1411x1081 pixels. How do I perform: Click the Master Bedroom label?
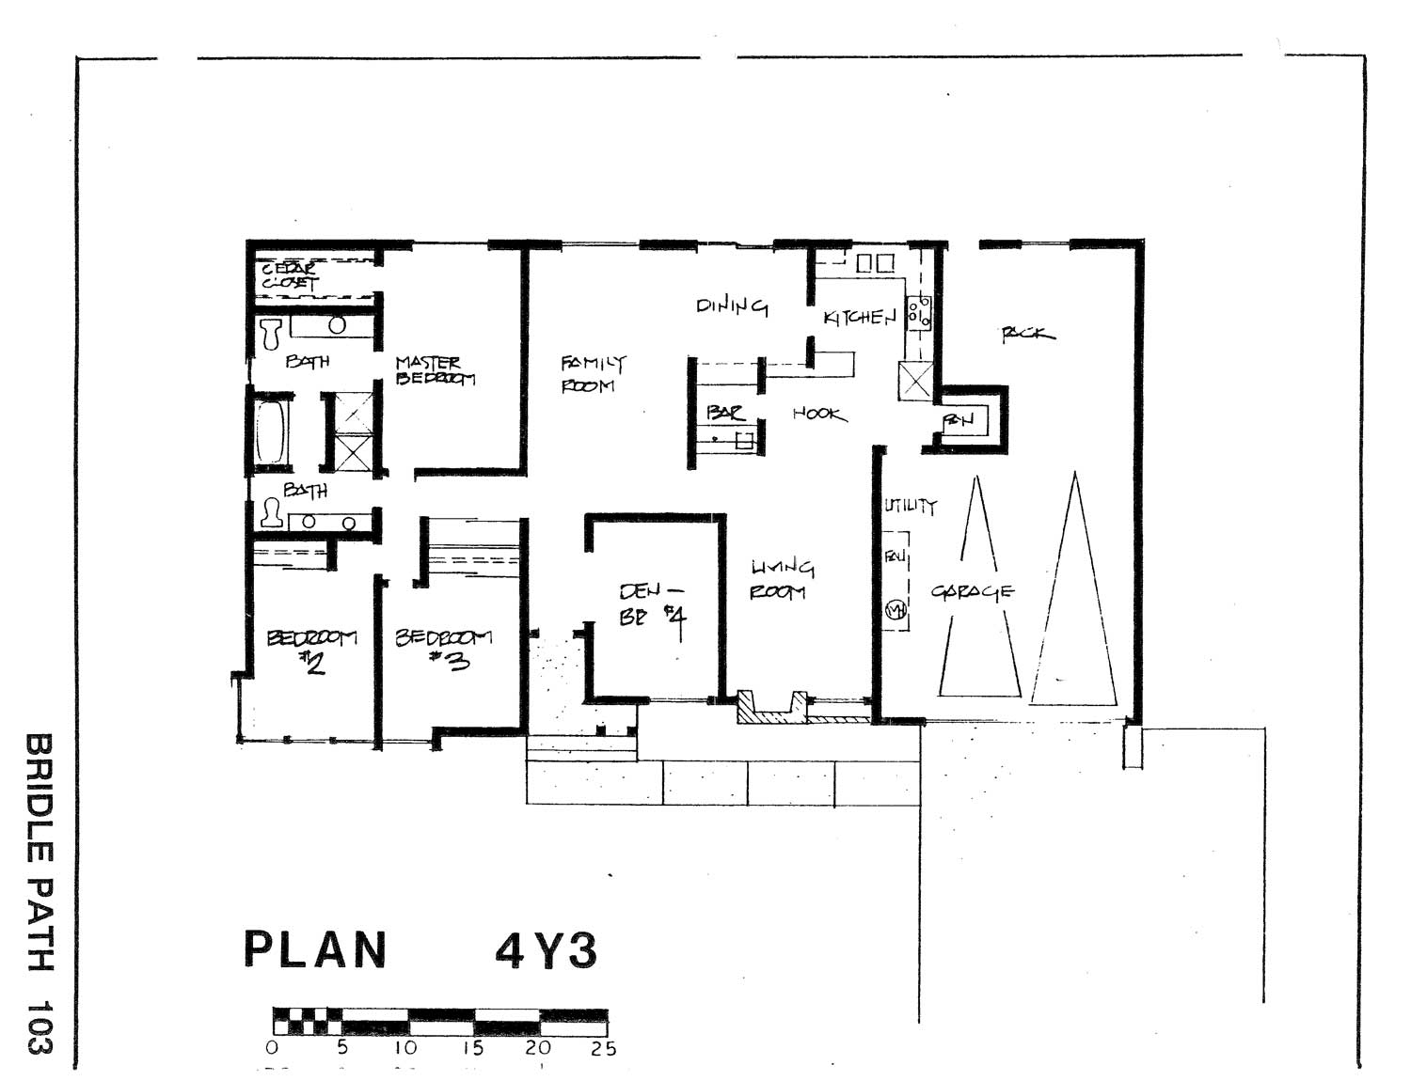tap(435, 370)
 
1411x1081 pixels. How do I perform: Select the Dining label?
tap(732, 305)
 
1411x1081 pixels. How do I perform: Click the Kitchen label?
tap(860, 318)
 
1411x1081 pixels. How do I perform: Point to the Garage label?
tap(973, 591)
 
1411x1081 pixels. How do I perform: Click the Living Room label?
tap(782, 579)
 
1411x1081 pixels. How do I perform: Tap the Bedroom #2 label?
tap(312, 650)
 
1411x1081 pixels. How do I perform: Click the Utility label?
tap(910, 506)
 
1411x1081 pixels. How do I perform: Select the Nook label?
tap(819, 414)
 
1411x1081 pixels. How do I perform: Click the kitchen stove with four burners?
tap(919, 312)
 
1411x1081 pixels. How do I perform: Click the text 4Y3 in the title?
tap(547, 952)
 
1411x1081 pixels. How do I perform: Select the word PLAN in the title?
tap(316, 950)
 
